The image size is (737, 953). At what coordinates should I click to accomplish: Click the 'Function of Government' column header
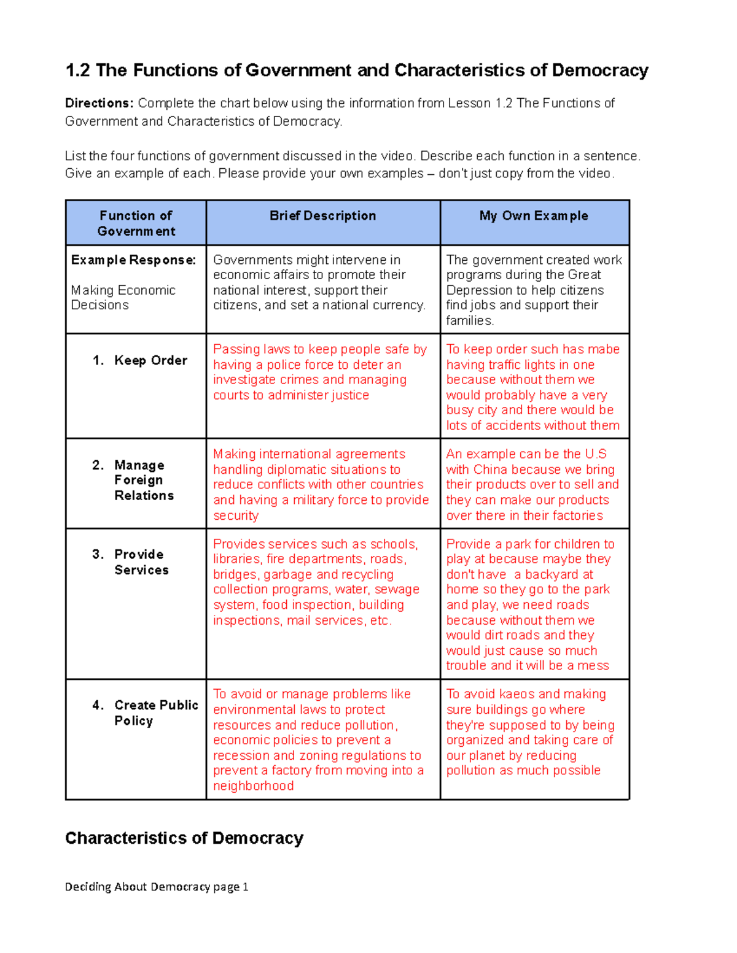(x=136, y=223)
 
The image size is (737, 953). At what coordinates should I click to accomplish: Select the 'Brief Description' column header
(x=322, y=216)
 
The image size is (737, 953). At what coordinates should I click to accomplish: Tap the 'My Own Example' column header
(x=534, y=216)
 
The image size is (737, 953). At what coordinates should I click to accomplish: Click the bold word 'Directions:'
(x=99, y=103)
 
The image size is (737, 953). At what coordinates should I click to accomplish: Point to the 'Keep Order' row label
(x=150, y=361)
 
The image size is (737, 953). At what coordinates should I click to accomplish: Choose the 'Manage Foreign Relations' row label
(x=144, y=480)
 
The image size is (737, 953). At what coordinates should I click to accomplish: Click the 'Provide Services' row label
(x=141, y=562)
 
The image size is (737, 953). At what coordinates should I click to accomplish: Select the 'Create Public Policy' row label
(x=155, y=712)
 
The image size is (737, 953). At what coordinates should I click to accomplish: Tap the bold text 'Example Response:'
(x=133, y=260)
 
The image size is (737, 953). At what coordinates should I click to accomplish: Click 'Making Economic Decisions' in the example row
(x=123, y=298)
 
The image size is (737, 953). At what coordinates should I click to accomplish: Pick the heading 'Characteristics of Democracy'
(x=184, y=838)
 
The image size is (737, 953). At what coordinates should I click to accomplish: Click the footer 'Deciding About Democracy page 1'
(x=157, y=887)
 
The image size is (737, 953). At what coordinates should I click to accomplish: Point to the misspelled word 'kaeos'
(x=517, y=694)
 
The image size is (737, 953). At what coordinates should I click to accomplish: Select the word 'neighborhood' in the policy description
(x=253, y=786)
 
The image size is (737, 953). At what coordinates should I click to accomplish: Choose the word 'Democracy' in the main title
(x=599, y=71)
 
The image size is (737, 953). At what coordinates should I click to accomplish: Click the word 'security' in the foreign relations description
(x=235, y=515)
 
